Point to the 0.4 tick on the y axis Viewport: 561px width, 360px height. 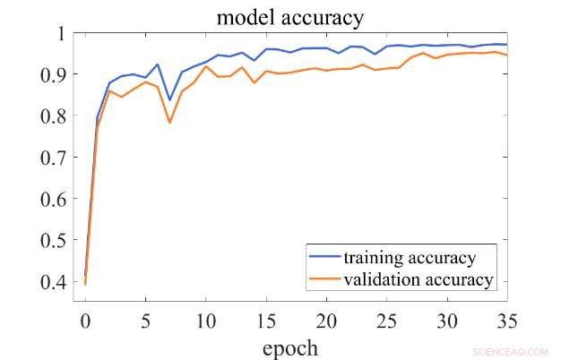tap(50, 282)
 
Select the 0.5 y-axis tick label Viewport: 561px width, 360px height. tap(50, 240)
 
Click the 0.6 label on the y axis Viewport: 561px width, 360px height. tap(50, 199)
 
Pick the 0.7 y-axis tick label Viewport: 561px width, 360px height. tap(50, 157)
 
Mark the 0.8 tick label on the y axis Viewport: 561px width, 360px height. tap(50, 116)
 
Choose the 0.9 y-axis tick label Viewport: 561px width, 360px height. tap(50, 74)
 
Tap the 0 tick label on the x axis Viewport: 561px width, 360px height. tap(85, 318)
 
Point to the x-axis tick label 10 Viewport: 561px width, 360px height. tap(206, 318)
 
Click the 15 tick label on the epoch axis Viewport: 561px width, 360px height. tap(267, 318)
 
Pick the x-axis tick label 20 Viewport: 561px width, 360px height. tap(327, 318)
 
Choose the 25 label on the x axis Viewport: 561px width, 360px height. tap(388, 318)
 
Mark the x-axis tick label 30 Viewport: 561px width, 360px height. tap(448, 318)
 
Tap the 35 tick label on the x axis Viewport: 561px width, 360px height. tap(508, 318)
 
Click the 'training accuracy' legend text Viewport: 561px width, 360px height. tap(409, 258)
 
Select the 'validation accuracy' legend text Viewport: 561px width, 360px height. tap(418, 280)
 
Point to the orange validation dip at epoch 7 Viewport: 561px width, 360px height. tap(169, 122)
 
